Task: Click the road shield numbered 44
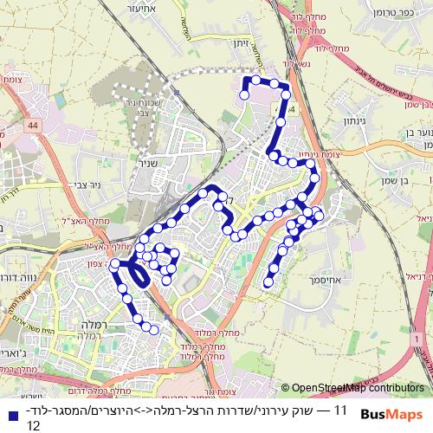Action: tap(32, 126)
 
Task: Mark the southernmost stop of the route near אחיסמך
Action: tap(268, 282)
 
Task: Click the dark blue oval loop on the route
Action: tap(138, 275)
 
